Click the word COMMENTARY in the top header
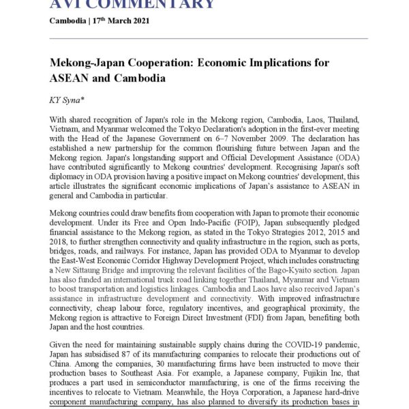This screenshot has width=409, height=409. [147, 5]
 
